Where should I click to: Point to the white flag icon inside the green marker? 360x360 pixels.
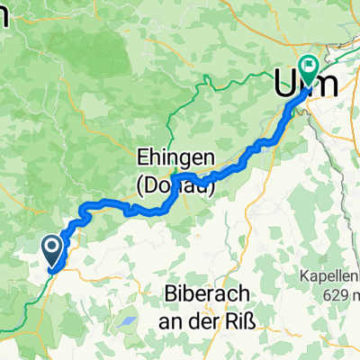(310, 64)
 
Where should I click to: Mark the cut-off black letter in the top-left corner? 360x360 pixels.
(4, 13)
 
